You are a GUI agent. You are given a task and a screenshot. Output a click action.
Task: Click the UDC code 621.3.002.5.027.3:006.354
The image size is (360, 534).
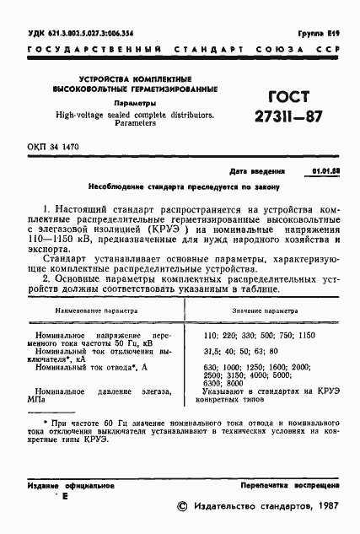(81, 34)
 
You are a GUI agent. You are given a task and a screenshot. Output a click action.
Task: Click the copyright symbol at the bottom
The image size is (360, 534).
(180, 507)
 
